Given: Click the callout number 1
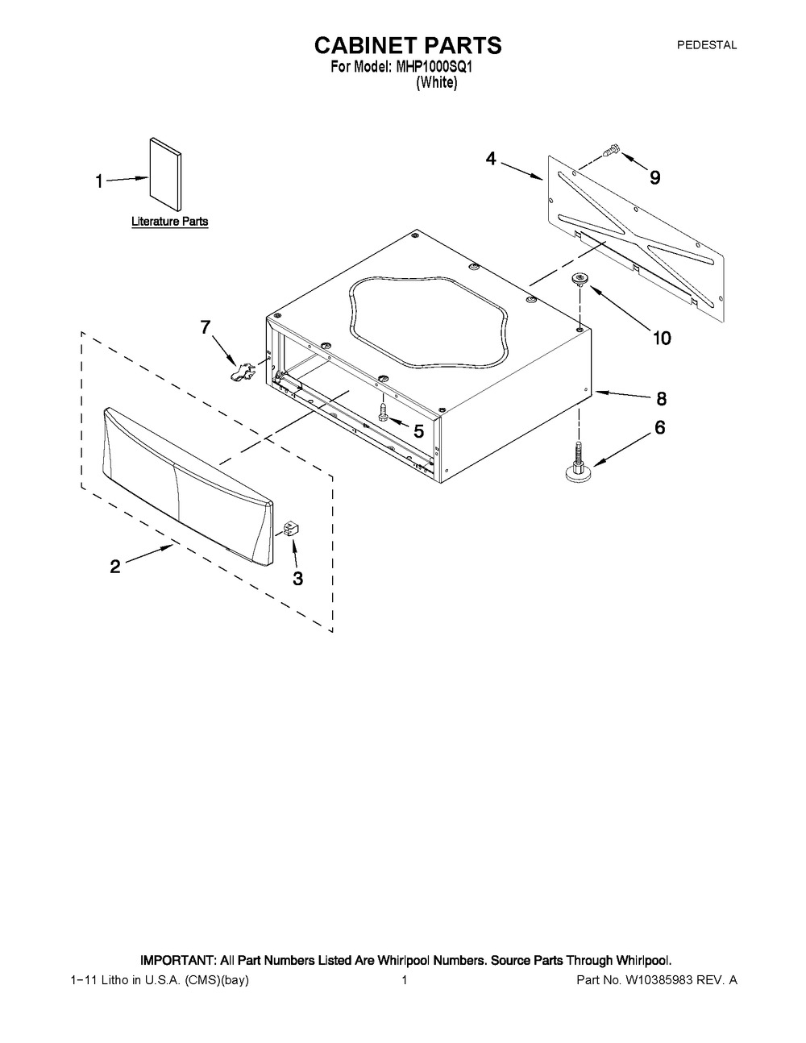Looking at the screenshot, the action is tap(99, 181).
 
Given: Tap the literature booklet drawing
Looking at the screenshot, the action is tap(165, 174).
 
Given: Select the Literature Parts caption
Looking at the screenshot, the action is tap(170, 222).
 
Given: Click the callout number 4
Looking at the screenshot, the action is tap(491, 159).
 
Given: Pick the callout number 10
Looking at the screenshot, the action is tap(662, 339).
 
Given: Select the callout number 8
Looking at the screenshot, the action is tap(662, 398).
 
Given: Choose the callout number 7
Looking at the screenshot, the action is tap(206, 327).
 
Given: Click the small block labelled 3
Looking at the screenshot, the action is tap(291, 529).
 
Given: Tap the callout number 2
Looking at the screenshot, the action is tap(115, 567).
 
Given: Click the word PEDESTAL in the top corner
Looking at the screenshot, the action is tap(707, 45).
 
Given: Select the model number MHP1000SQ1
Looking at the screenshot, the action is tap(434, 67).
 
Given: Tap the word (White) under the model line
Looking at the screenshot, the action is tap(437, 82).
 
